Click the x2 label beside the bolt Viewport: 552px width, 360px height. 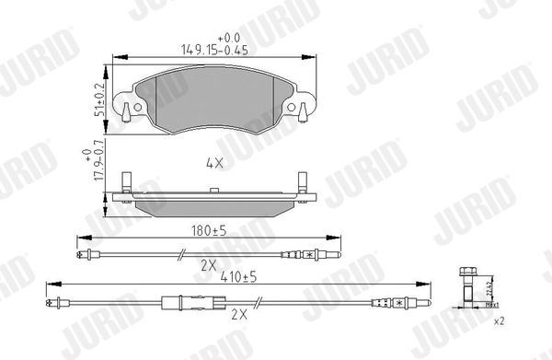(x=500, y=322)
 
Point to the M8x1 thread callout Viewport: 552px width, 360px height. (x=492, y=305)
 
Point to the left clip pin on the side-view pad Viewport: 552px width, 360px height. (x=129, y=184)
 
